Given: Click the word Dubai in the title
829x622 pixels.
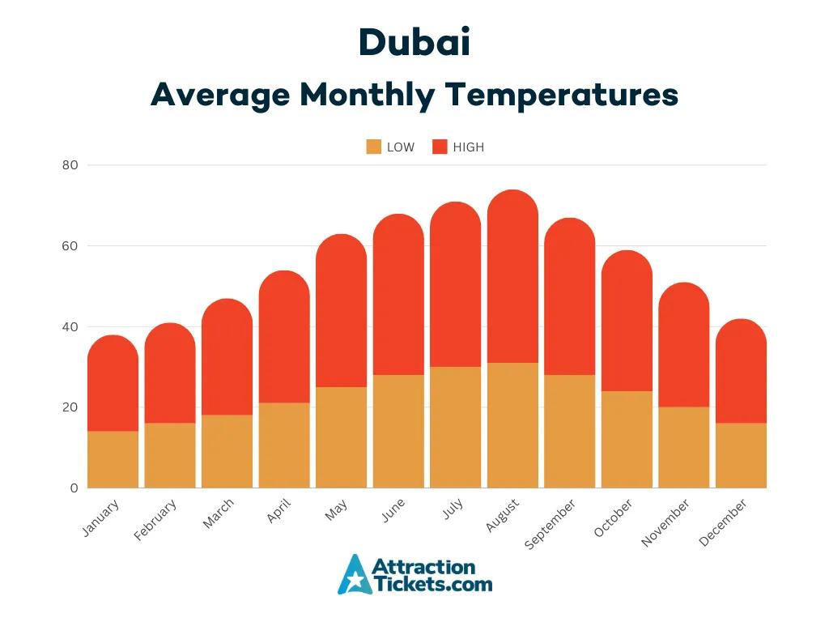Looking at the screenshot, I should tap(414, 43).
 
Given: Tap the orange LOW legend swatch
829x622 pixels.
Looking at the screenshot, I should tap(373, 147).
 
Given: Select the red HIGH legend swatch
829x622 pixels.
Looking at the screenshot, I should tap(440, 147).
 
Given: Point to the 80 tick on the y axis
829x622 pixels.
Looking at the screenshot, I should tap(70, 165).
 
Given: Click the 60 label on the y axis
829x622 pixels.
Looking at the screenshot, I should tap(70, 246).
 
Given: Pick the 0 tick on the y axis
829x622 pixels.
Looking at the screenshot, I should tap(74, 488).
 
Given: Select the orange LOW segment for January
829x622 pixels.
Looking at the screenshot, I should tap(113, 459).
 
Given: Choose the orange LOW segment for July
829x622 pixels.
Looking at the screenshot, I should tap(455, 427).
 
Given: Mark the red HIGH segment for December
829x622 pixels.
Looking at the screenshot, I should tap(741, 372).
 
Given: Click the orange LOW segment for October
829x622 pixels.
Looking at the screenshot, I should tap(627, 439).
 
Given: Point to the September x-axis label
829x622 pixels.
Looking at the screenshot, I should tap(551, 524).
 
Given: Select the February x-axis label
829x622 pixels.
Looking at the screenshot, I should tap(156, 520).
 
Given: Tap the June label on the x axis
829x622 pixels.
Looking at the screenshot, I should tap(393, 511).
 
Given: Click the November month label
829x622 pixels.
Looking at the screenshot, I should tap(666, 522).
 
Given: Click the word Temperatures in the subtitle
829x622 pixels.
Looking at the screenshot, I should tap(562, 95).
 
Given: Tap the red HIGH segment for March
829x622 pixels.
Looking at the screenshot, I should tap(227, 357).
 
